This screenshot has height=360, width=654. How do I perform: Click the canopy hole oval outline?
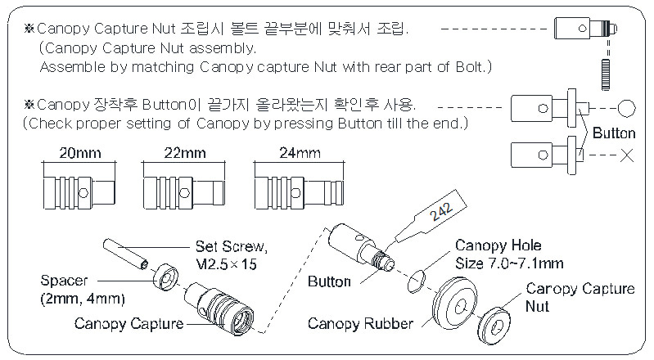[417, 281]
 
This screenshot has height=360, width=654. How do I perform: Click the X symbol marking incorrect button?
[627, 155]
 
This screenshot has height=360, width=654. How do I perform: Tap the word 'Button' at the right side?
[614, 132]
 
